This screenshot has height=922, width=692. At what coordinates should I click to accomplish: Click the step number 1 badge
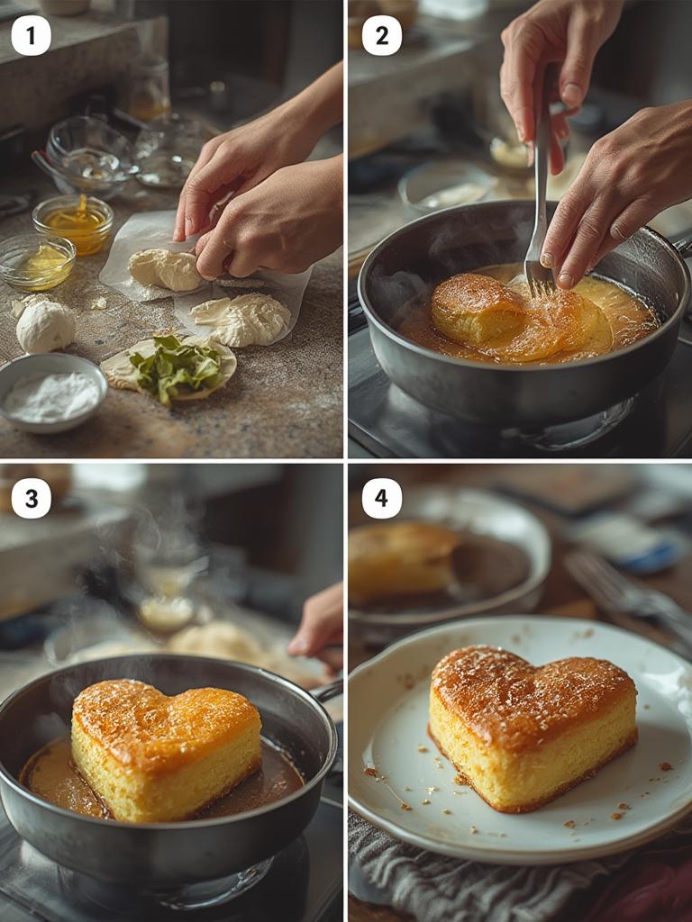[31, 35]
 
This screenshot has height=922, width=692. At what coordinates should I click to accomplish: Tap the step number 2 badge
[381, 35]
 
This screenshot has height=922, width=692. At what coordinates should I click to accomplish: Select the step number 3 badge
[31, 498]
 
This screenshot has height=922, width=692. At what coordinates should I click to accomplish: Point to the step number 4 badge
[381, 498]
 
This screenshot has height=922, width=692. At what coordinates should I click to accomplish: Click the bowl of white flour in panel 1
[51, 393]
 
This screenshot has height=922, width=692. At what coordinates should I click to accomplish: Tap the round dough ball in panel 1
[45, 326]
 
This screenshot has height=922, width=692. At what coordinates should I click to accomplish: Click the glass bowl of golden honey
[73, 223]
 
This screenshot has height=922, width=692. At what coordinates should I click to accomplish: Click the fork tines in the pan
[539, 281]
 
